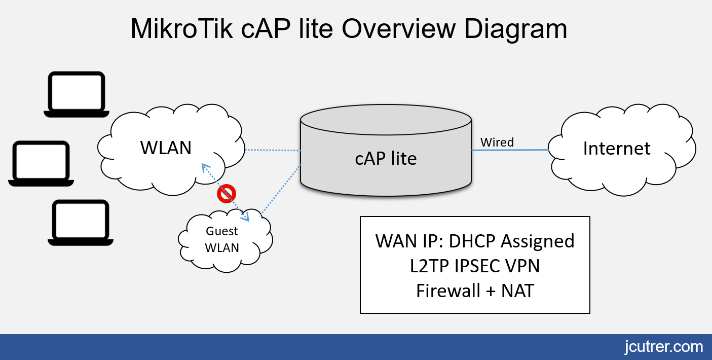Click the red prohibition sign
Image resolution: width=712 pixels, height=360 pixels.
pyautogui.click(x=227, y=194)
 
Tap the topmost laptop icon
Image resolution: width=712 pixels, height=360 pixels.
pyautogui.click(x=77, y=94)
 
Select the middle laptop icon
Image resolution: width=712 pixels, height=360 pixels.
pyautogui.click(x=41, y=163)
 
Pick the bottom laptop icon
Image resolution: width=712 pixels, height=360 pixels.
pyautogui.click(x=81, y=223)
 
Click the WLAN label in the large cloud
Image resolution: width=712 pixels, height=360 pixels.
pyautogui.click(x=166, y=148)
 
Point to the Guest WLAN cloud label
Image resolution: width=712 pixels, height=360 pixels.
pyautogui.click(x=222, y=239)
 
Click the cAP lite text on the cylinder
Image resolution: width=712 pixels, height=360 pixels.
pyautogui.click(x=386, y=158)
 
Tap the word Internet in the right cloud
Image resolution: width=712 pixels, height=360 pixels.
pyautogui.click(x=617, y=148)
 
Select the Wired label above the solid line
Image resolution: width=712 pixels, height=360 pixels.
pyautogui.click(x=497, y=142)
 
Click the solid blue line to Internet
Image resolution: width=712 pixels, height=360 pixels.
pyautogui.click(x=510, y=150)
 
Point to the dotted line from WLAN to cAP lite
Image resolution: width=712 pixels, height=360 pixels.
pyautogui.click(x=273, y=150)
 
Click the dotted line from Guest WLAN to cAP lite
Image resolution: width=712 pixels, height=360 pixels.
pyautogui.click(x=281, y=190)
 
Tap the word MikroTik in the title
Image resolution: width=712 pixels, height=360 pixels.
pyautogui.click(x=181, y=29)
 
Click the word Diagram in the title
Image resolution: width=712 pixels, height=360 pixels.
pyautogui.click(x=515, y=30)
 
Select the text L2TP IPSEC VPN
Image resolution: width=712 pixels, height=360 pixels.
pyautogui.click(x=475, y=266)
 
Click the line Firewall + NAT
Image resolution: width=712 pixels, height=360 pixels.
pyautogui.click(x=475, y=291)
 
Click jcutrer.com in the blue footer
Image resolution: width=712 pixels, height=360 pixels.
pyautogui.click(x=664, y=347)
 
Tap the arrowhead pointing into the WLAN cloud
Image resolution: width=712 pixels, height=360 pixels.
pyautogui.click(x=205, y=168)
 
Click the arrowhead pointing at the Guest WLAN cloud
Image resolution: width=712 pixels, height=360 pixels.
pyautogui.click(x=245, y=218)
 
